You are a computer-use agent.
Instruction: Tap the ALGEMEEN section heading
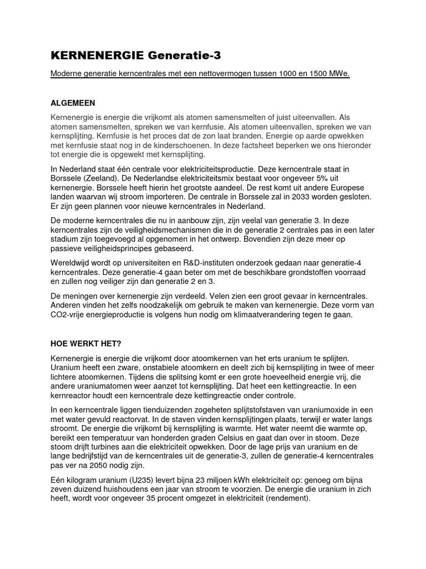[x=73, y=103]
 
